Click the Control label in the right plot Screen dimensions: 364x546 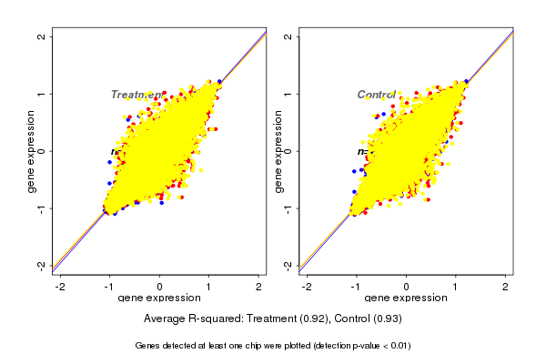(377, 95)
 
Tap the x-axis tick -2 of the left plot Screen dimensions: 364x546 (60, 288)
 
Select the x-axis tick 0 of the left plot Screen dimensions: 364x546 (160, 288)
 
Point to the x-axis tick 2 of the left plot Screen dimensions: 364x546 (258, 288)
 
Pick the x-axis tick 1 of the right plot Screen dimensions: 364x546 (456, 288)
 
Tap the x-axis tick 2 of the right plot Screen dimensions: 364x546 (505, 288)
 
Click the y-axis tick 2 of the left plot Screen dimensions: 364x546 (42, 36)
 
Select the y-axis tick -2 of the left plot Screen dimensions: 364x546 (42, 265)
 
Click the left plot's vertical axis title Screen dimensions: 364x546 (31, 151)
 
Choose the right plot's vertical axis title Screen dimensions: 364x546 (278, 151)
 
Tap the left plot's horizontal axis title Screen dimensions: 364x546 (159, 298)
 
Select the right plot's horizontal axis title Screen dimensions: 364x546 (406, 298)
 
